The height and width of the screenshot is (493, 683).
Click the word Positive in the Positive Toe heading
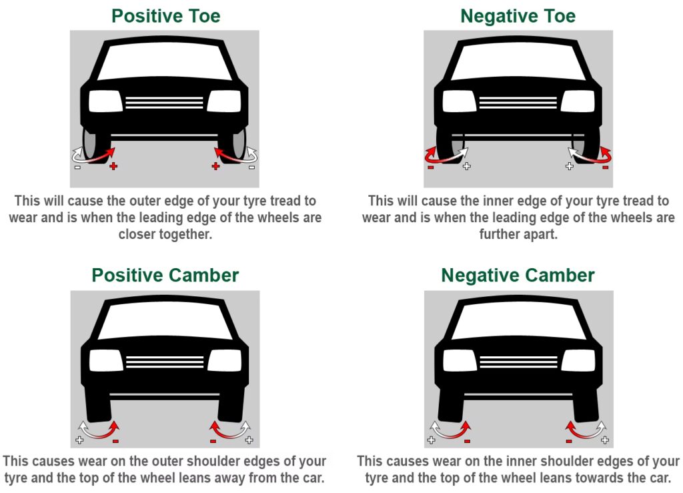click(x=140, y=16)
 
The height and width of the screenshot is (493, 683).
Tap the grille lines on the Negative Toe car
click(x=518, y=102)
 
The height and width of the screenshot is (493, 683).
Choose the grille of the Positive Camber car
click(x=165, y=362)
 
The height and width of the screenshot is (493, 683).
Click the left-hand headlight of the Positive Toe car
click(x=105, y=101)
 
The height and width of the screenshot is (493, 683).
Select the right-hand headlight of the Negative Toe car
click(x=578, y=101)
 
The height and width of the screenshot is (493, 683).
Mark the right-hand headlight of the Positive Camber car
click(x=225, y=361)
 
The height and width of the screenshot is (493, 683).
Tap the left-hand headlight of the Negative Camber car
click(x=459, y=361)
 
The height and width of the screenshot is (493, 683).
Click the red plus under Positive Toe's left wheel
click(x=113, y=166)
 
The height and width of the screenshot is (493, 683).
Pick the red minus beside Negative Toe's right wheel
click(x=605, y=167)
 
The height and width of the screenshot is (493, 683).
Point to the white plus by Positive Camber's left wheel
click(x=79, y=440)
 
